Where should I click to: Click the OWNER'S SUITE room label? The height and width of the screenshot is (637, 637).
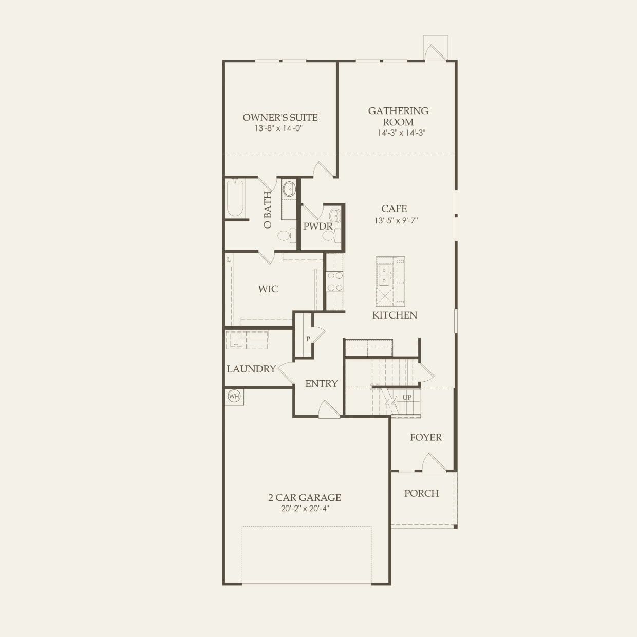[280, 117]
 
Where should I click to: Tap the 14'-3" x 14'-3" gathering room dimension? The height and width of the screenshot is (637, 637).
[402, 133]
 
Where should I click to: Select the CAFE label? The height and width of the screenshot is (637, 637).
[394, 209]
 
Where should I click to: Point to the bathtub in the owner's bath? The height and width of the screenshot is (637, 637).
[235, 198]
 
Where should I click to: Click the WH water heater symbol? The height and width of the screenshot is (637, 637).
[234, 396]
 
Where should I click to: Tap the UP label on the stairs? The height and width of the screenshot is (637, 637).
[407, 397]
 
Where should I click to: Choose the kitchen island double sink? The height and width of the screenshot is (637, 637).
[384, 275]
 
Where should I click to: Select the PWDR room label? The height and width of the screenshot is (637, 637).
[317, 226]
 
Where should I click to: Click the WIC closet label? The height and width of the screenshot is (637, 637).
[268, 289]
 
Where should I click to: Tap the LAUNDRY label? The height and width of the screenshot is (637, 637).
[251, 369]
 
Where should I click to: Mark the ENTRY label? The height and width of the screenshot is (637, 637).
[321, 383]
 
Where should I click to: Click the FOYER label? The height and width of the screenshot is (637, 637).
[425, 437]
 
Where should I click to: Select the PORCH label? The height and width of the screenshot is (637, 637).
[421, 493]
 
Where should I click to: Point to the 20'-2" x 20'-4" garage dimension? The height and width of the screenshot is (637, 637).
[305, 509]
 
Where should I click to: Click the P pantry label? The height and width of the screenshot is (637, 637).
[308, 339]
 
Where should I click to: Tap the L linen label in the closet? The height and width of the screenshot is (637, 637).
[229, 260]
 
